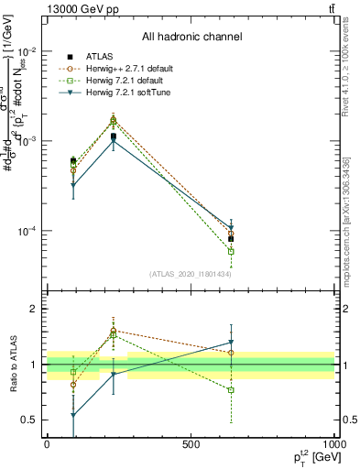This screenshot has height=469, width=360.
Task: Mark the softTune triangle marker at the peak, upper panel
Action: click(x=114, y=140)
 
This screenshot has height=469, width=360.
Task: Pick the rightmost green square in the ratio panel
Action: click(x=231, y=390)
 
